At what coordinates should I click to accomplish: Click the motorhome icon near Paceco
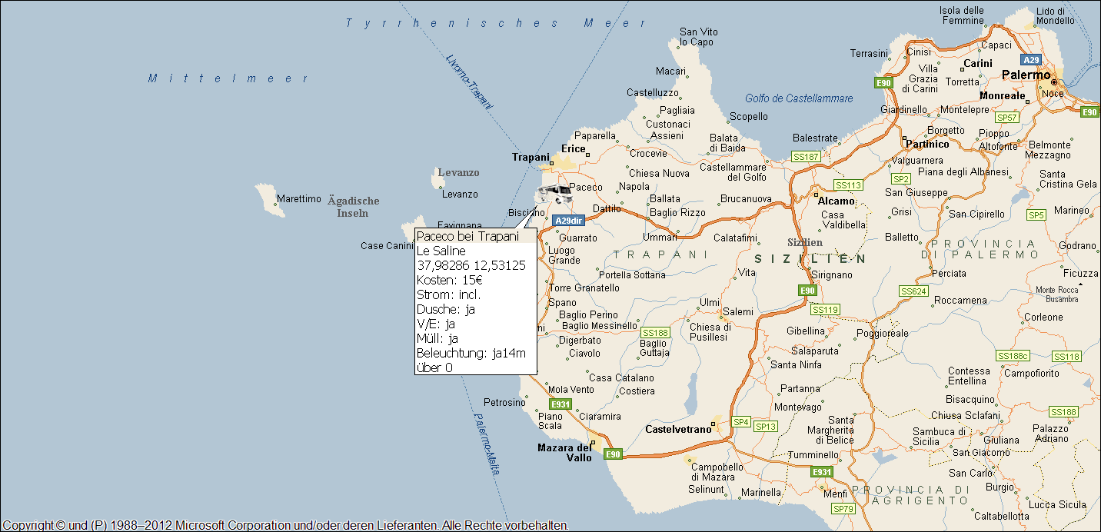click(x=554, y=193)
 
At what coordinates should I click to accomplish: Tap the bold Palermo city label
click(x=1026, y=75)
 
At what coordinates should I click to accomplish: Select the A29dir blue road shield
click(x=569, y=221)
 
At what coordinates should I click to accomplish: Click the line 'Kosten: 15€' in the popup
click(x=450, y=280)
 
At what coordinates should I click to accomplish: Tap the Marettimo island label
click(x=298, y=199)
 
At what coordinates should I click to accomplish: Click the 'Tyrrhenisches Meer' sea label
click(x=496, y=23)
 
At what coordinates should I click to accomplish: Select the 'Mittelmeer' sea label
click(x=228, y=78)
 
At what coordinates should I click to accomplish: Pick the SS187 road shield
click(x=806, y=156)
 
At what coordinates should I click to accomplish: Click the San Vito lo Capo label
click(x=698, y=37)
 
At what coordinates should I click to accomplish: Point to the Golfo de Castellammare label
click(x=799, y=98)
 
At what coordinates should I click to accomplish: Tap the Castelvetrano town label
click(x=678, y=429)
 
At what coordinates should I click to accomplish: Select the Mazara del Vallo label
click(x=565, y=453)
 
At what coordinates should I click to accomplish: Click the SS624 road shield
click(x=913, y=291)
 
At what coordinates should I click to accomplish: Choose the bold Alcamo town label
click(x=837, y=201)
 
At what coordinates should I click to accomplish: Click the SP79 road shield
click(x=843, y=509)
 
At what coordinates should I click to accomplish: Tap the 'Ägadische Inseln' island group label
click(x=353, y=207)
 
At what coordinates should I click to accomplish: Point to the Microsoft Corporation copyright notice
click(x=284, y=525)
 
